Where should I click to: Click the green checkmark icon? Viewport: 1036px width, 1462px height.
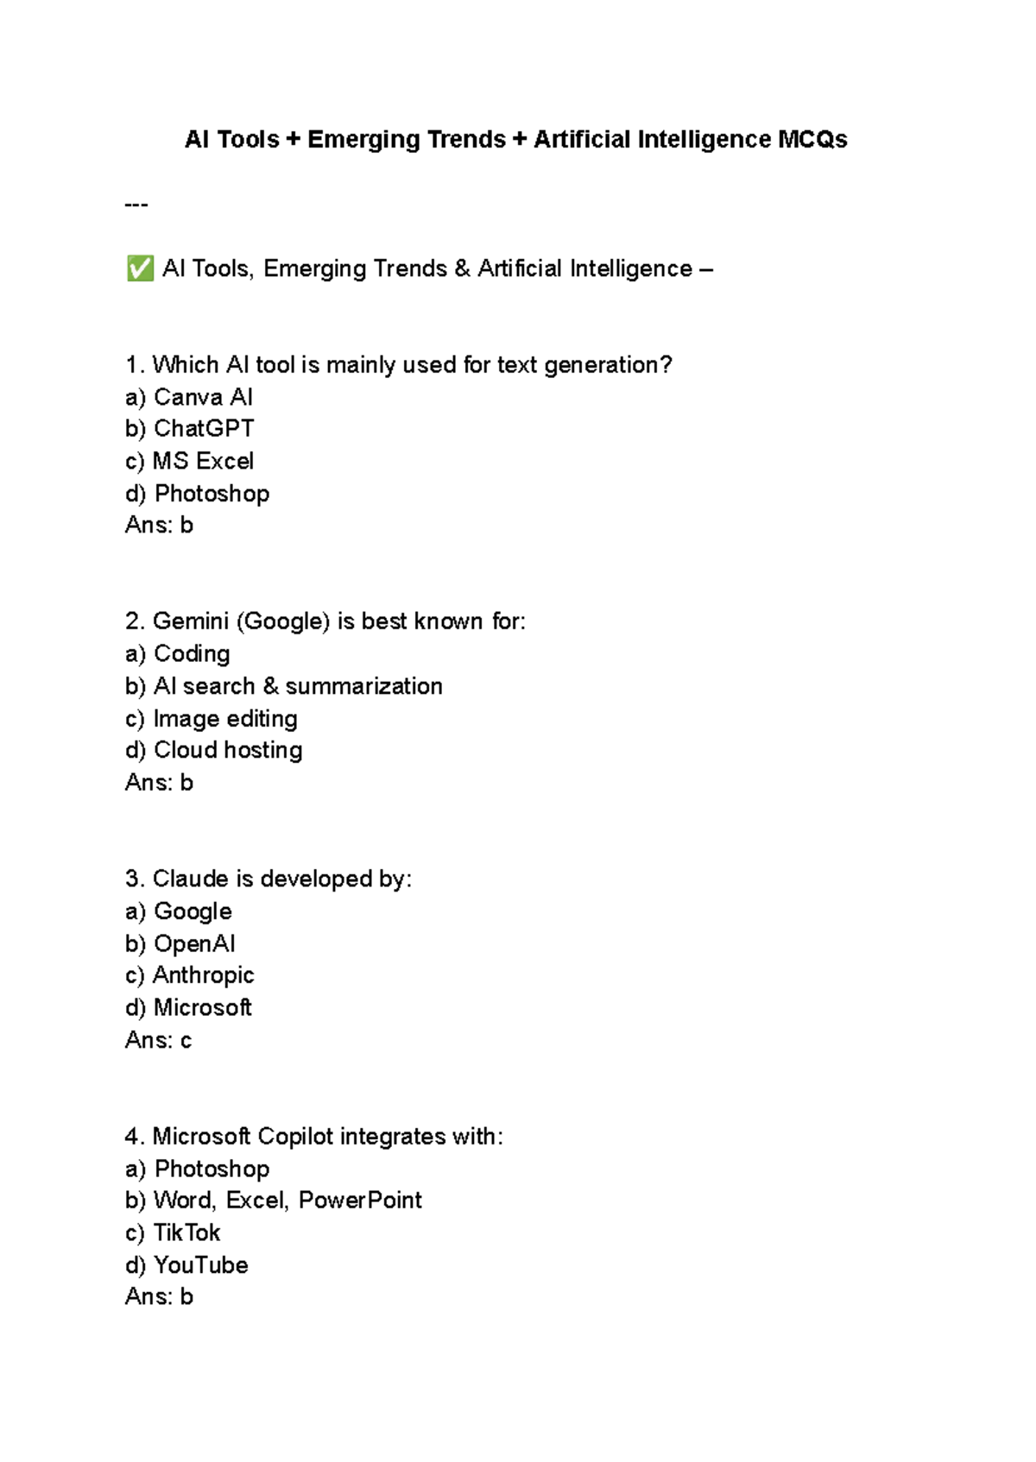[x=139, y=268]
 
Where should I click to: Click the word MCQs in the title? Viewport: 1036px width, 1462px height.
[x=812, y=139]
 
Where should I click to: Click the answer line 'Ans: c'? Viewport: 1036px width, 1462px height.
[x=158, y=1040]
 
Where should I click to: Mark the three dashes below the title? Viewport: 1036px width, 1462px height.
[x=136, y=205]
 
